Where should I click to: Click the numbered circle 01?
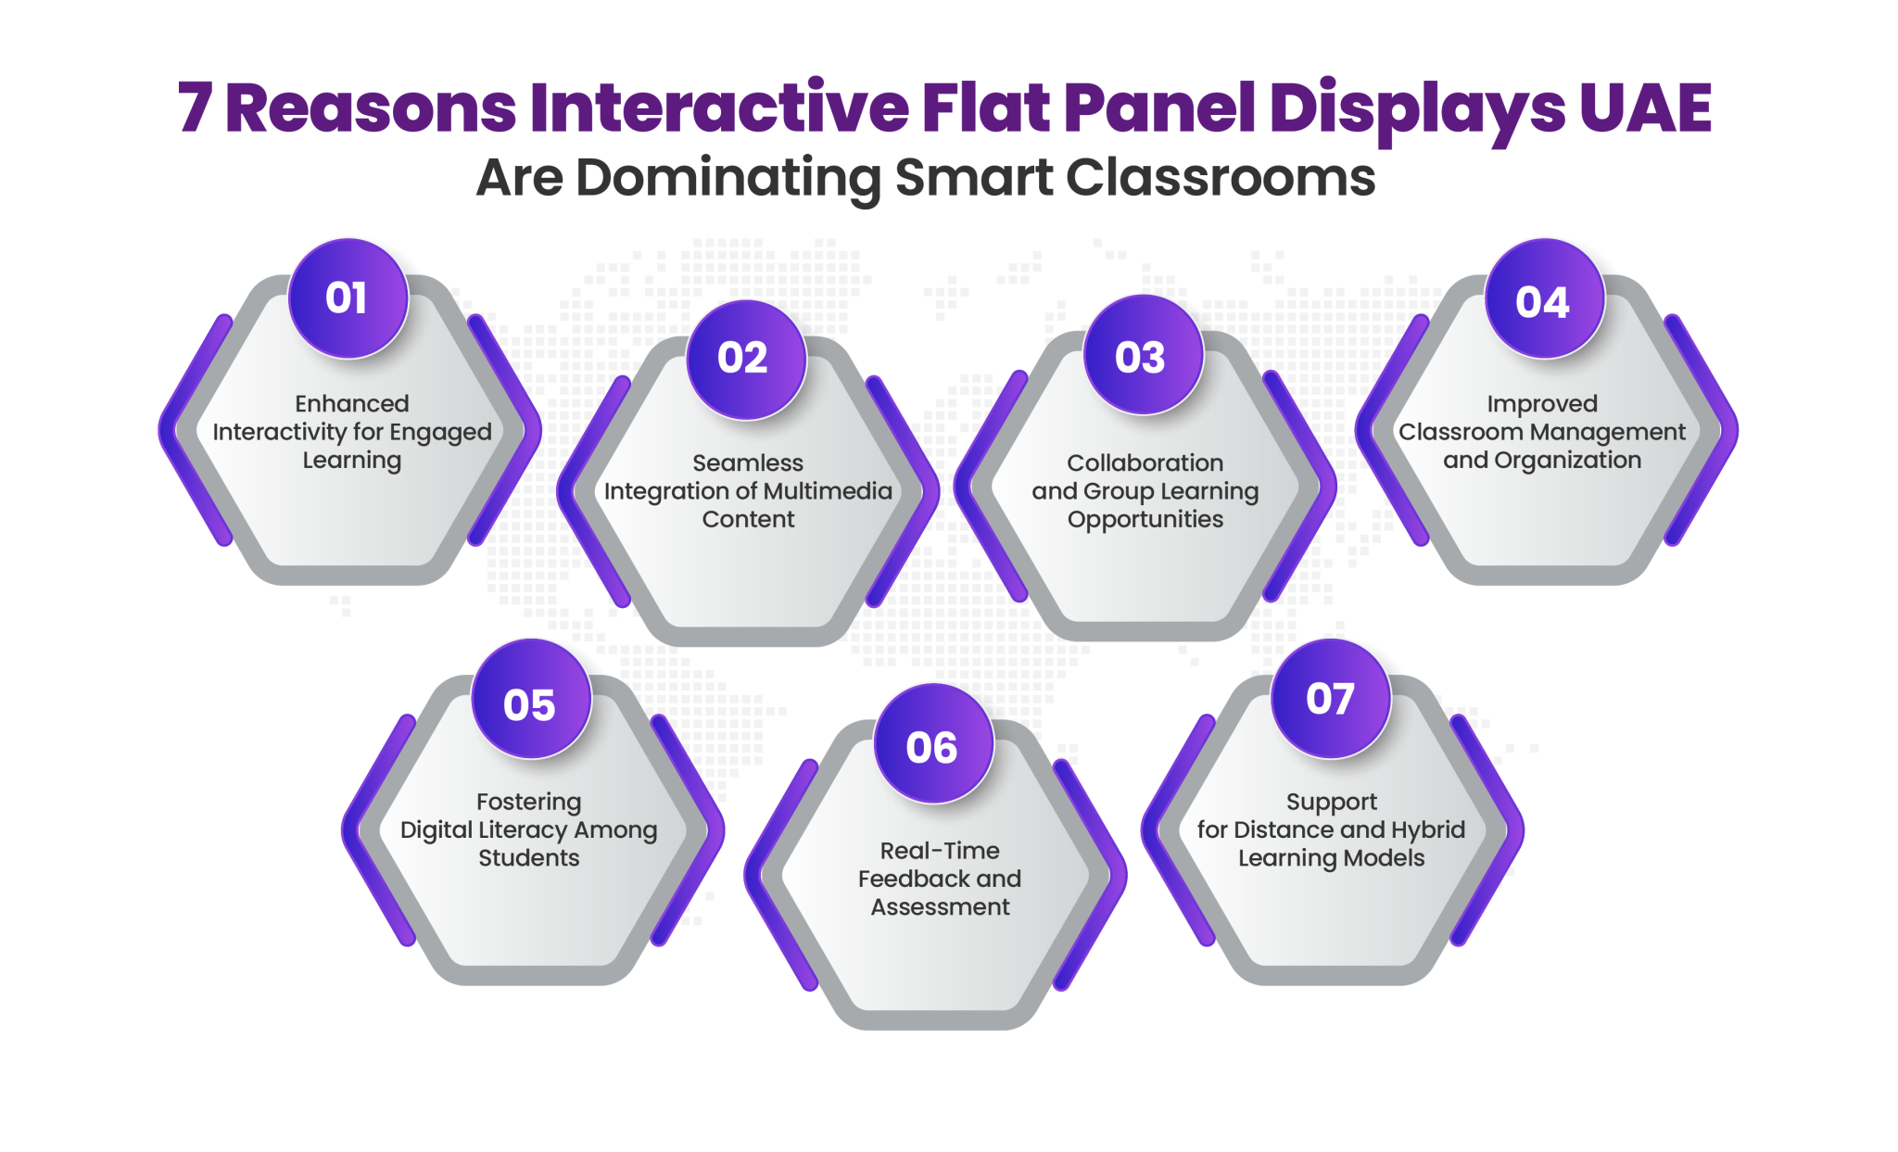348,298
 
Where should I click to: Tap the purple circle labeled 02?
745,359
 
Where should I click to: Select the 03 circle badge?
1143,357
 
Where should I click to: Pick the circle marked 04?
1544,300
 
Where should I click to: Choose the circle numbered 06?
933,746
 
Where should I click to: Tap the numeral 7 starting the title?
195,108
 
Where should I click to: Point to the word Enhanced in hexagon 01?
352,403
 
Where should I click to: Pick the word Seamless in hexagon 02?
748,462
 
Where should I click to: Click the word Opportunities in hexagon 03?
1145,519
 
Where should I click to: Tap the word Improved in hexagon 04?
1542,403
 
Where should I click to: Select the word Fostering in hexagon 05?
529,801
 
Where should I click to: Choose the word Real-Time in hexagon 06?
940,850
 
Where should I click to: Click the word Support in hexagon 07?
1332,801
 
